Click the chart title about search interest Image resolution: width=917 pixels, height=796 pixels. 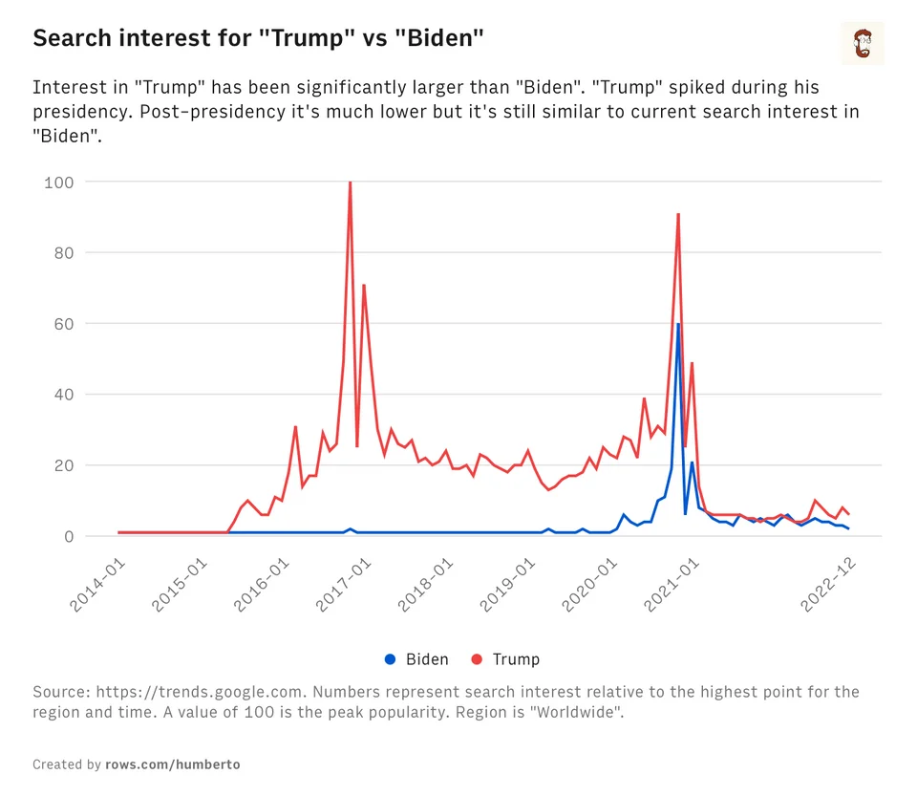pyautogui.click(x=259, y=39)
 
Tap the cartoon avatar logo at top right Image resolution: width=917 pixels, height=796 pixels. pyautogui.click(x=863, y=43)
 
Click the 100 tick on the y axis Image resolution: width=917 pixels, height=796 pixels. pyautogui.click(x=58, y=182)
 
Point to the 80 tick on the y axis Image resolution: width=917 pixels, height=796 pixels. pyautogui.click(x=61, y=252)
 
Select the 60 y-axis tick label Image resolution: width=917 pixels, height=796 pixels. pyautogui.click(x=61, y=324)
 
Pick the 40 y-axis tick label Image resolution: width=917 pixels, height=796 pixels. pyautogui.click(x=61, y=395)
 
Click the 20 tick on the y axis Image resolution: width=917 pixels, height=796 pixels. pyautogui.click(x=61, y=465)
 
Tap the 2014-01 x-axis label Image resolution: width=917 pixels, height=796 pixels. pyautogui.click(x=99, y=585)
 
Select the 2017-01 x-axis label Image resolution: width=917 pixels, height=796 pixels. pyautogui.click(x=345, y=585)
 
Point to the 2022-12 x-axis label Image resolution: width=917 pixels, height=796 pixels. pyautogui.click(x=829, y=585)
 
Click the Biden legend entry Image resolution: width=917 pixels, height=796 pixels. pyautogui.click(x=416, y=659)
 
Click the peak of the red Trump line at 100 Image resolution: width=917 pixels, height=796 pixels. pyautogui.click(x=350, y=183)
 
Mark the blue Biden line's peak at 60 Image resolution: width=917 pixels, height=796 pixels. pyautogui.click(x=678, y=324)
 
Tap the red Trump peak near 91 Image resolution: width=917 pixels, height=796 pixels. pyautogui.click(x=678, y=214)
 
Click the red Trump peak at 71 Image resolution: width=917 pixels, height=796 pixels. pyautogui.click(x=364, y=285)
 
